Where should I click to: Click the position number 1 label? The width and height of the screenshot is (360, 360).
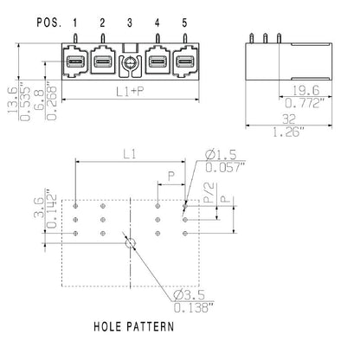point(75,22)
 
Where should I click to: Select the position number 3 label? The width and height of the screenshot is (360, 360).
point(129,22)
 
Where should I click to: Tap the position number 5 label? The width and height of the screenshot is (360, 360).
point(183,22)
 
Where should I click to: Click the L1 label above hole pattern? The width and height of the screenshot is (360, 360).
point(130,154)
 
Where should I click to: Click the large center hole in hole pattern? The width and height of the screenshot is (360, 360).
point(130,245)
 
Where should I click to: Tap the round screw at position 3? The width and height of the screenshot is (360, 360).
point(129,64)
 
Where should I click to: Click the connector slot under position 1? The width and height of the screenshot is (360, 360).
point(75,63)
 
